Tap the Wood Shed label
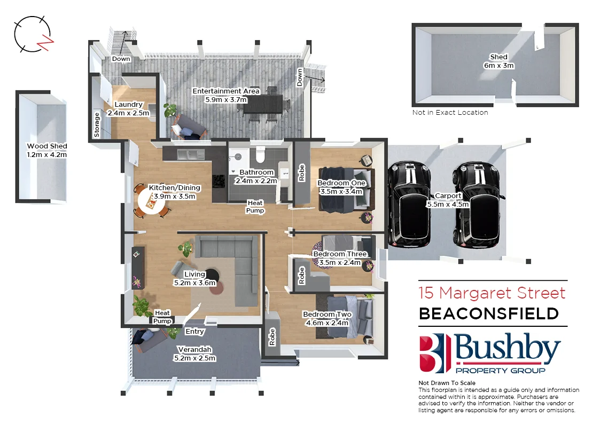click(47, 150)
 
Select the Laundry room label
click(128, 108)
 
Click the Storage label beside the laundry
click(97, 125)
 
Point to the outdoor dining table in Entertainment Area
click(262, 104)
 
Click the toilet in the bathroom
click(261, 154)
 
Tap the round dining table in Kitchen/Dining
click(152, 202)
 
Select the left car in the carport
click(409, 203)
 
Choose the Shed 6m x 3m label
click(498, 61)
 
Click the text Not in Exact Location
click(450, 113)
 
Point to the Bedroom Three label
click(340, 258)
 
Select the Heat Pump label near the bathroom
click(255, 207)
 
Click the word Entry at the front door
click(194, 332)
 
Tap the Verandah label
click(194, 354)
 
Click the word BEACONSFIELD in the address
click(488, 313)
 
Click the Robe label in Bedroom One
click(301, 173)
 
